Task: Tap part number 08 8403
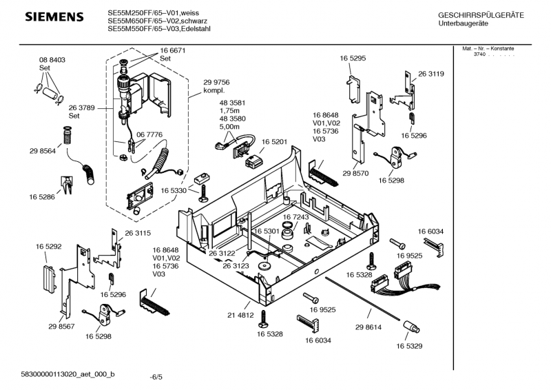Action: coord(52,61)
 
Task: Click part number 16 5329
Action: coord(410,346)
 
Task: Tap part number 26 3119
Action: coord(430,74)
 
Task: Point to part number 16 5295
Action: coord(352,59)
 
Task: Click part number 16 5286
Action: coord(42,197)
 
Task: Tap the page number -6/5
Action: coord(156,377)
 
